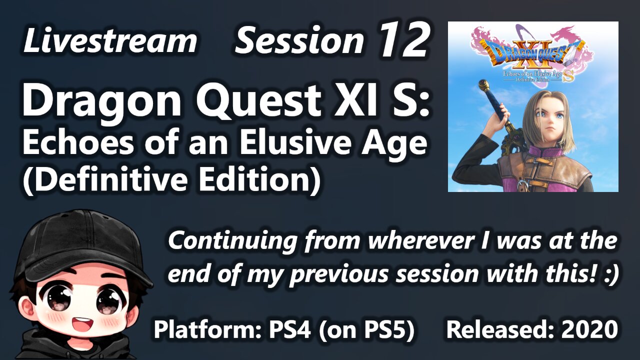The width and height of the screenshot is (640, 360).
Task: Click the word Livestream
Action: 109,41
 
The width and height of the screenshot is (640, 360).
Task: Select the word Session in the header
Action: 299,41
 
